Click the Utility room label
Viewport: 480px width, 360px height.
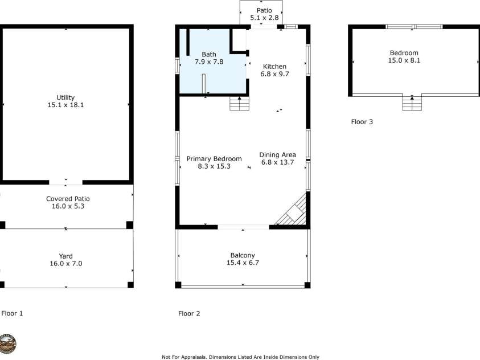click(x=65, y=97)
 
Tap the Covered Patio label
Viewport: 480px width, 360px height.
click(x=68, y=199)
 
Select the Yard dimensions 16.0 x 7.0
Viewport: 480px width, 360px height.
click(x=65, y=264)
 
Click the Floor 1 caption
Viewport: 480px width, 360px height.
click(x=12, y=313)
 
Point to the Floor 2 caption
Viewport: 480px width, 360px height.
click(x=189, y=313)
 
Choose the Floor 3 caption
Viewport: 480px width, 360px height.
click(x=362, y=121)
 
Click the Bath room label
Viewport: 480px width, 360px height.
click(x=209, y=54)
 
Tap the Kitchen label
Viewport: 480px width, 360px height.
click(x=274, y=67)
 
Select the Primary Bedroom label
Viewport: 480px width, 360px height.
click(x=214, y=159)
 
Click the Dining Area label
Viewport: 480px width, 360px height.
click(x=277, y=155)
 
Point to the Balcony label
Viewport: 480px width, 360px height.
click(x=243, y=255)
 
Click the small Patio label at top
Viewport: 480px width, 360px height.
click(x=261, y=10)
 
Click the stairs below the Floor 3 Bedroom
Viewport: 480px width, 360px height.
click(x=412, y=103)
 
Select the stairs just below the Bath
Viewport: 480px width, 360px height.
click(x=239, y=104)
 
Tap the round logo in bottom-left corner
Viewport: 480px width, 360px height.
click(x=8, y=343)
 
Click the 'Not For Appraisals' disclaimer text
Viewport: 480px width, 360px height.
click(x=240, y=357)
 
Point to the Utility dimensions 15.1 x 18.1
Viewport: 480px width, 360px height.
click(x=65, y=105)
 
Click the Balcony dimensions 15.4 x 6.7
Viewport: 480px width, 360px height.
click(x=243, y=263)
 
